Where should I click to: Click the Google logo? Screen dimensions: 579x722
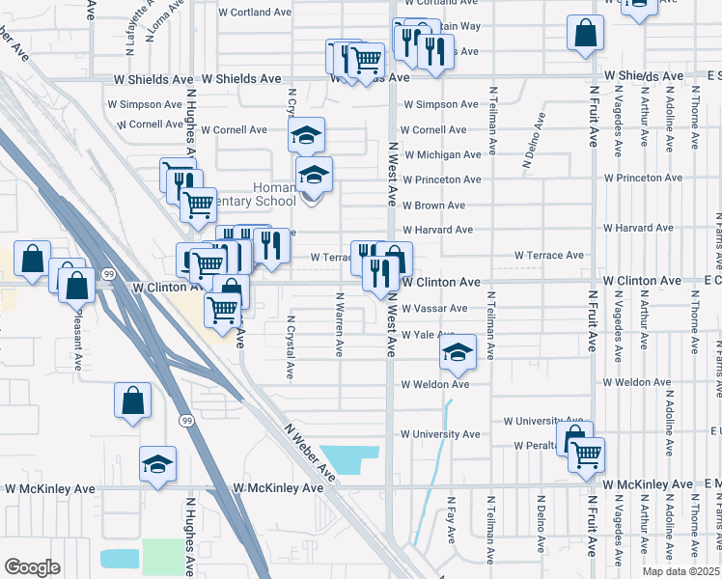[x=32, y=567]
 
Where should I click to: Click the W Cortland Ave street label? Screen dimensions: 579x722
[x=255, y=14]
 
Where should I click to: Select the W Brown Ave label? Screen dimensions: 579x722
[x=433, y=206]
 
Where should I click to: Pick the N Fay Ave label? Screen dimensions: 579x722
[x=450, y=519]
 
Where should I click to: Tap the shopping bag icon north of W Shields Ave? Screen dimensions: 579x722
[x=585, y=34]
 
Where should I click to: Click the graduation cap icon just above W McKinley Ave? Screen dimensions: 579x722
[x=157, y=464]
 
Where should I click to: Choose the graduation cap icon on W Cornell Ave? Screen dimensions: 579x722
[x=306, y=135]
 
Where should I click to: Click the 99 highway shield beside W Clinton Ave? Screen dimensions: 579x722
[x=110, y=275]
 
